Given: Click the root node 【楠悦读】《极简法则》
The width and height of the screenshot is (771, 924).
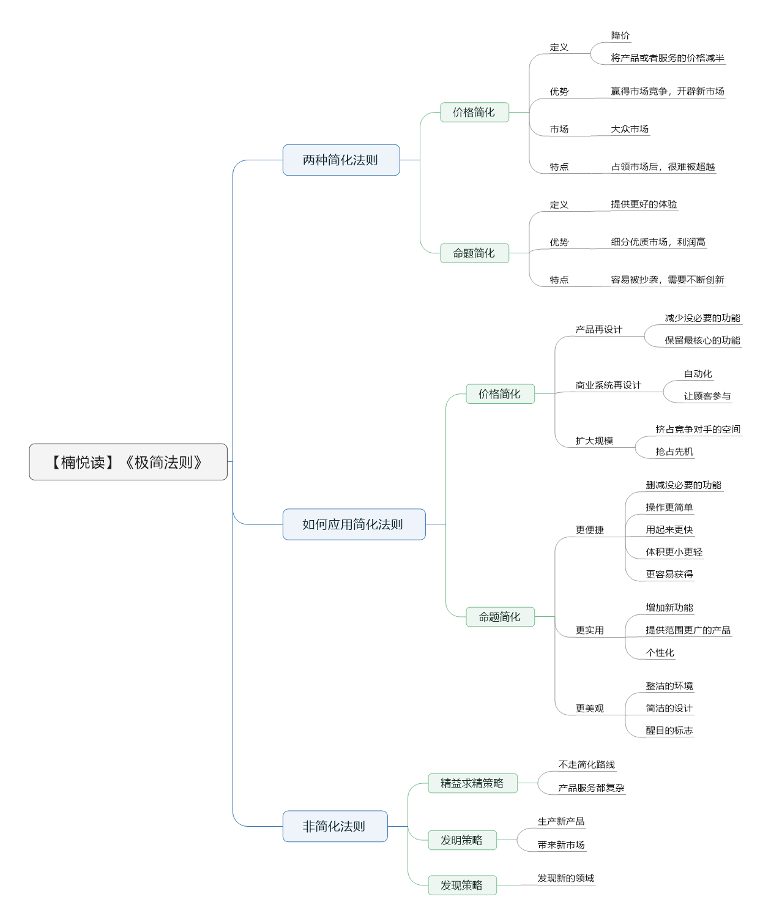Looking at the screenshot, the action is pyautogui.click(x=128, y=461).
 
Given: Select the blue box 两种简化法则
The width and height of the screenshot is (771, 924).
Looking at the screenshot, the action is pyautogui.click(x=341, y=160).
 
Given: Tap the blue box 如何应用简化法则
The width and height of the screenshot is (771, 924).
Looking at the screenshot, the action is pyautogui.click(x=354, y=524).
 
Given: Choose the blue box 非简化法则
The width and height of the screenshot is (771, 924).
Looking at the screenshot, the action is pyautogui.click(x=335, y=825).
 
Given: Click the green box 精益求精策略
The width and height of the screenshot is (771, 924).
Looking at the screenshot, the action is pyautogui.click(x=472, y=783).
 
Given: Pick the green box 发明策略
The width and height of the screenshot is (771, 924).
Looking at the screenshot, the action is pyautogui.click(x=462, y=840).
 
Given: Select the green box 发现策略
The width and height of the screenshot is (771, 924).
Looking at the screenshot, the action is pyautogui.click(x=462, y=885).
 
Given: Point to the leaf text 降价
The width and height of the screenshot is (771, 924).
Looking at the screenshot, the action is pyautogui.click(x=620, y=35).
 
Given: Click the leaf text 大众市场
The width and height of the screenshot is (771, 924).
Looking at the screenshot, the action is pyautogui.click(x=630, y=129).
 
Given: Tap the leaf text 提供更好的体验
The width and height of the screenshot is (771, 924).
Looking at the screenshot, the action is pyautogui.click(x=644, y=204).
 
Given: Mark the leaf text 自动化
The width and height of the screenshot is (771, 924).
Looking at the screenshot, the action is pyautogui.click(x=698, y=373).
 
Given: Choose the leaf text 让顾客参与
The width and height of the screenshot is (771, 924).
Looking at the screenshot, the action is pyautogui.click(x=707, y=396).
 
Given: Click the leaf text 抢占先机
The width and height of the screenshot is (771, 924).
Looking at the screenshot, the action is pyautogui.click(x=674, y=452).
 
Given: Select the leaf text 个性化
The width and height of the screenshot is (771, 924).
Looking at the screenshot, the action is pyautogui.click(x=660, y=652).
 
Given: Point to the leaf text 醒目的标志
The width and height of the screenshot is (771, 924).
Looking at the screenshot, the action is pyautogui.click(x=669, y=730).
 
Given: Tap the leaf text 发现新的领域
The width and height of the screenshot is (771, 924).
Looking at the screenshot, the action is pyautogui.click(x=565, y=878).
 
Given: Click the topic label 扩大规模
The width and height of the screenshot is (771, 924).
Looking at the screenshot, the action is pyautogui.click(x=594, y=441).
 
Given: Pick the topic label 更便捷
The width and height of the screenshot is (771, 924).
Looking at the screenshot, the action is pyautogui.click(x=589, y=530).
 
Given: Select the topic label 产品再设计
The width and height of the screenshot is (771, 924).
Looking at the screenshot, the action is pyautogui.click(x=598, y=329).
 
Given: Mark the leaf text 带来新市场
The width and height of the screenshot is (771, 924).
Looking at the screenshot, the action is pyautogui.click(x=561, y=845).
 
